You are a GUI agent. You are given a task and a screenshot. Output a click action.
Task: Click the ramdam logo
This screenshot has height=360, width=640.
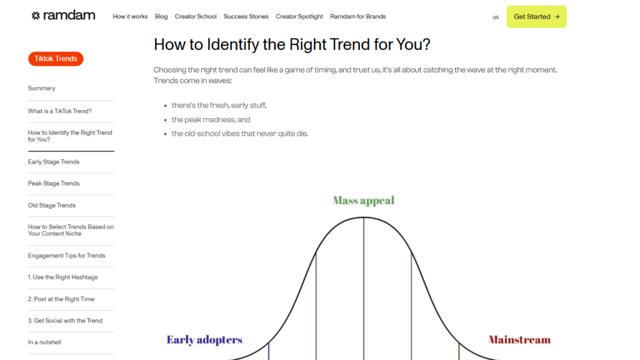click(x=63, y=16)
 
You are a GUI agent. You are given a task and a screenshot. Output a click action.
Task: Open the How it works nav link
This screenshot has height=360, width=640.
click(x=130, y=16)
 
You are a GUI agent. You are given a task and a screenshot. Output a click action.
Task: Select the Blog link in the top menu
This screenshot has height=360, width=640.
click(x=161, y=17)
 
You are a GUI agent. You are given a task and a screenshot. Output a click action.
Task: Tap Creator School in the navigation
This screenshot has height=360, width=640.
click(x=196, y=16)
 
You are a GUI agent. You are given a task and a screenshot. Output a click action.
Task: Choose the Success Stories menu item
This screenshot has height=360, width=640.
click(x=246, y=16)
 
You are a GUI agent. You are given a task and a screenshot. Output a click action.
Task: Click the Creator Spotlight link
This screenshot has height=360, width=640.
click(x=299, y=17)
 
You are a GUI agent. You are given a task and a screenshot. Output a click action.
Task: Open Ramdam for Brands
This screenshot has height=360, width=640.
click(x=358, y=16)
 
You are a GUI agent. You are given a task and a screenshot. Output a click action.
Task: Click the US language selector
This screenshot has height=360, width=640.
click(x=496, y=17)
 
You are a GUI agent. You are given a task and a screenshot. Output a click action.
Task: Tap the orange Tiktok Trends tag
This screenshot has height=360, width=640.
click(x=56, y=59)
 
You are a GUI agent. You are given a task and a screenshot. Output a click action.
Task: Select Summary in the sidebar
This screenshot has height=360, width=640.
click(x=42, y=88)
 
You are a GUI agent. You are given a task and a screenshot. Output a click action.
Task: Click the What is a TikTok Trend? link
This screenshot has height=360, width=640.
click(x=59, y=111)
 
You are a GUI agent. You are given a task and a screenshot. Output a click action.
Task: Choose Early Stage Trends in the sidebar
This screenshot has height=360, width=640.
click(x=54, y=162)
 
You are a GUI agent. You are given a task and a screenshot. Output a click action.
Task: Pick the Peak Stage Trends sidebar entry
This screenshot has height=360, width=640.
click(x=54, y=184)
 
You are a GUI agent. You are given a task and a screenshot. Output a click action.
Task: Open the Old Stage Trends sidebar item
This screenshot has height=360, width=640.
click(x=52, y=205)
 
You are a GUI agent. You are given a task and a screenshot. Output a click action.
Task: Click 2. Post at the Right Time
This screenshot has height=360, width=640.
click(x=61, y=299)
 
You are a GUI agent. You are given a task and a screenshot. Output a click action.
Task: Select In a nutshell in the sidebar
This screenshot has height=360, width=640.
click(x=44, y=342)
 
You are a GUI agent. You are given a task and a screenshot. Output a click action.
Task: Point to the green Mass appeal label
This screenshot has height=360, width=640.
click(x=364, y=201)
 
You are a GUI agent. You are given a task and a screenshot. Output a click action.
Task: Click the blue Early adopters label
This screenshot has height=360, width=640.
click(x=204, y=340)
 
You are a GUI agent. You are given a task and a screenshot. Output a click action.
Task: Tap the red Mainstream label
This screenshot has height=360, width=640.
click(x=519, y=339)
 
